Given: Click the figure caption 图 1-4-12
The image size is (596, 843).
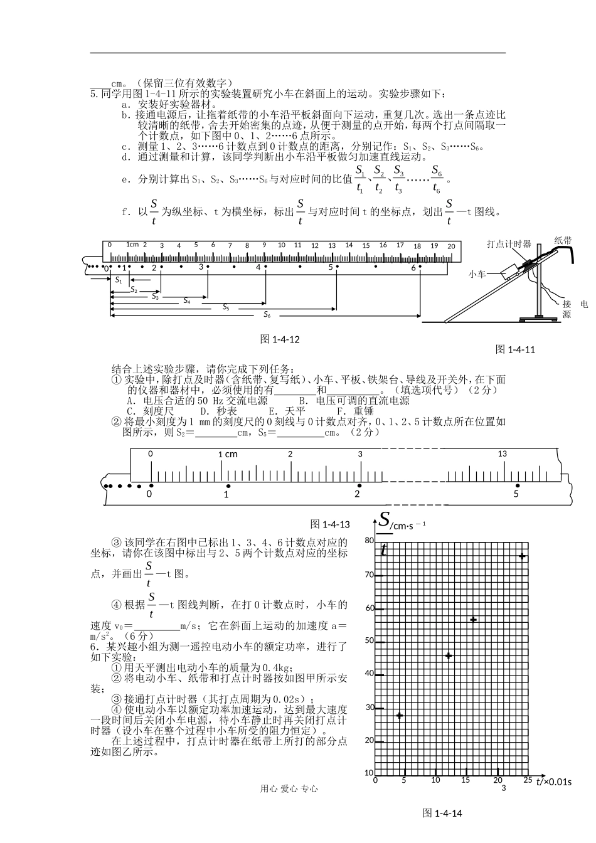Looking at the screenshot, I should coord(280,339).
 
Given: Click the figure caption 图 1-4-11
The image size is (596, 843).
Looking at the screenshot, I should coord(515,349).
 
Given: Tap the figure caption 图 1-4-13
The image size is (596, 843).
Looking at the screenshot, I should coord(330,524).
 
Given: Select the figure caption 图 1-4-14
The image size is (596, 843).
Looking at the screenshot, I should coord(442,813).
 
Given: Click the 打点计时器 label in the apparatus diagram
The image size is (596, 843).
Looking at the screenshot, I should coord(509,244).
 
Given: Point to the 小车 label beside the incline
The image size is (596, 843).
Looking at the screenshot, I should coord(477,274).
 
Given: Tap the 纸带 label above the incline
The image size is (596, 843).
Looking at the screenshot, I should coord(563,240).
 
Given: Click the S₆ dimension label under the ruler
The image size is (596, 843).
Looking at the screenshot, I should coord(267,314).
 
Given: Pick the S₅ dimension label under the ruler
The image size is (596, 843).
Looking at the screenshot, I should coord(226,307).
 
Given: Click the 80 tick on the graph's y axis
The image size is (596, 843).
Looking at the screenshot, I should coord(369,541).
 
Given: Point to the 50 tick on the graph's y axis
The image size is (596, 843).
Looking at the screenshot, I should coord(369,641).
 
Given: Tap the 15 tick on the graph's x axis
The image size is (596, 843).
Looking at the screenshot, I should coord(466,780).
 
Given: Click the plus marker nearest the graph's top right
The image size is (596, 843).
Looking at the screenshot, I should coord(521,557).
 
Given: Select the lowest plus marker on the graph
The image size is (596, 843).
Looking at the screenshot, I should coord(399,716).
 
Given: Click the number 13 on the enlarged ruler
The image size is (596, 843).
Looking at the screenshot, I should coord(502,453).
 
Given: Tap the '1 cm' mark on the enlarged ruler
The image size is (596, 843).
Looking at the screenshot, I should coord(228,454).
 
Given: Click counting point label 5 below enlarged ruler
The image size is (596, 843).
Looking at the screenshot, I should coord(516,494).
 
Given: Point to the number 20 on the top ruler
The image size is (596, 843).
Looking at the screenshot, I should coord(450,247).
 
